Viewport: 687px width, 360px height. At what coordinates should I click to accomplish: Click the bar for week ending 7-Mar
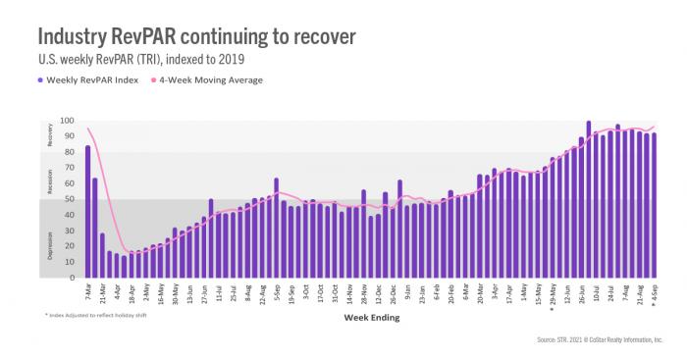coord(87,212)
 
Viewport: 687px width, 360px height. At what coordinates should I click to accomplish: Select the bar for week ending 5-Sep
coord(276,229)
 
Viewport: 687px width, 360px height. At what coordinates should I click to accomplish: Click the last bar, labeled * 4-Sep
coord(655,206)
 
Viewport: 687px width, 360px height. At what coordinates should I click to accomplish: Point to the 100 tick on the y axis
coord(67,121)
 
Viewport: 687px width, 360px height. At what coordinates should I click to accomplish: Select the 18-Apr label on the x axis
coord(132,294)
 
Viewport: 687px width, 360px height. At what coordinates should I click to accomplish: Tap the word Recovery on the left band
coord(50,136)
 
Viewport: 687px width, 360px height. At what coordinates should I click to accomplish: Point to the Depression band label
coord(50,240)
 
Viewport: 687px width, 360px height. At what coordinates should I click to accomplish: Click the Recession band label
coord(50,180)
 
